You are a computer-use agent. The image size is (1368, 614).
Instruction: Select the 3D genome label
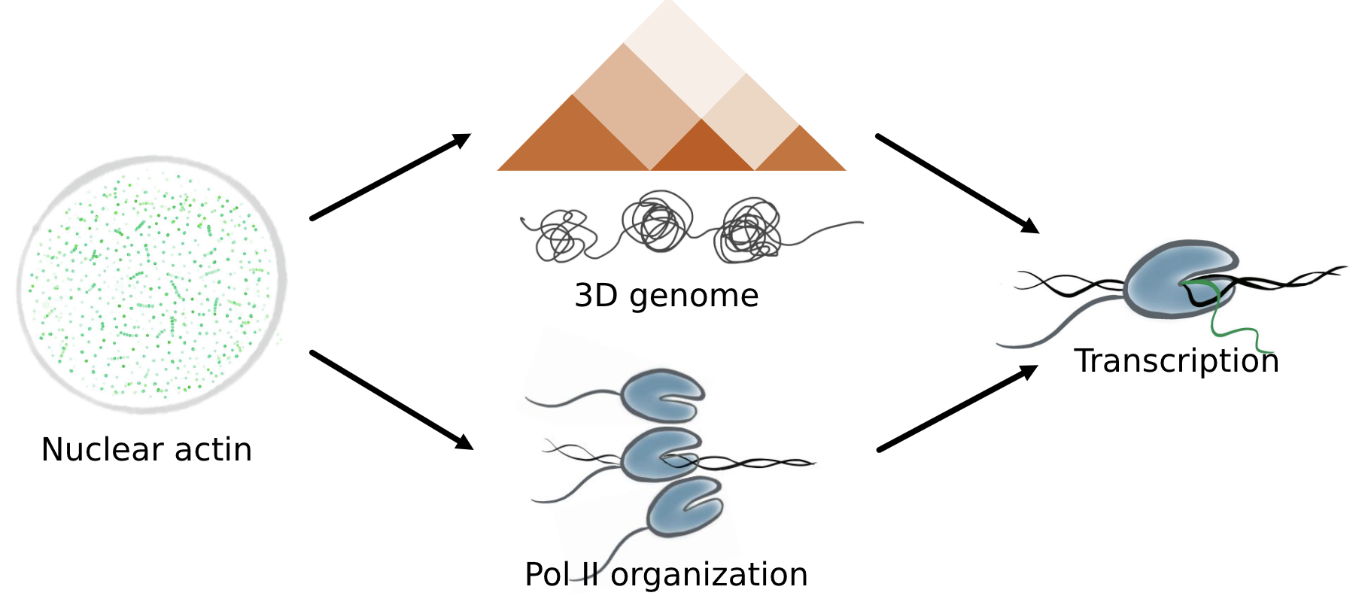(x=666, y=296)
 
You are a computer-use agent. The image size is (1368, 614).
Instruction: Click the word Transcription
(x=1176, y=361)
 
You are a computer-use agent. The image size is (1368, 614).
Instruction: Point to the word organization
(x=709, y=575)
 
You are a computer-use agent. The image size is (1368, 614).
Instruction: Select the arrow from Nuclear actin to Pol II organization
(x=391, y=400)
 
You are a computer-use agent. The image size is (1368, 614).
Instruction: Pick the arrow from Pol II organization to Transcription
(x=957, y=409)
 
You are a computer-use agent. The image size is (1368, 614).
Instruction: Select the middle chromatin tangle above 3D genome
(x=657, y=222)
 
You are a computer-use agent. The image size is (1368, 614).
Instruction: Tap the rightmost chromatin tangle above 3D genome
(x=749, y=232)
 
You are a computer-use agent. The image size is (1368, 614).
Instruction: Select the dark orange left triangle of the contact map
(x=573, y=143)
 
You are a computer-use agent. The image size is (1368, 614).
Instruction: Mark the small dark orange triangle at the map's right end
(x=800, y=153)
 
